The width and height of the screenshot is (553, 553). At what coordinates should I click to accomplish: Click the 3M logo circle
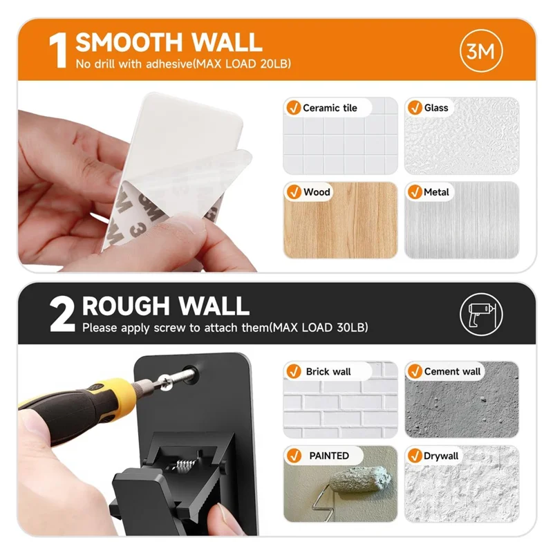coord(480,51)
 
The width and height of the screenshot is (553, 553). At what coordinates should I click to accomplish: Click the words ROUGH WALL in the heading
coord(166,306)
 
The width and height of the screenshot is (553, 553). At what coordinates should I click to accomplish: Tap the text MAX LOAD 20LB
coord(245,65)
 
